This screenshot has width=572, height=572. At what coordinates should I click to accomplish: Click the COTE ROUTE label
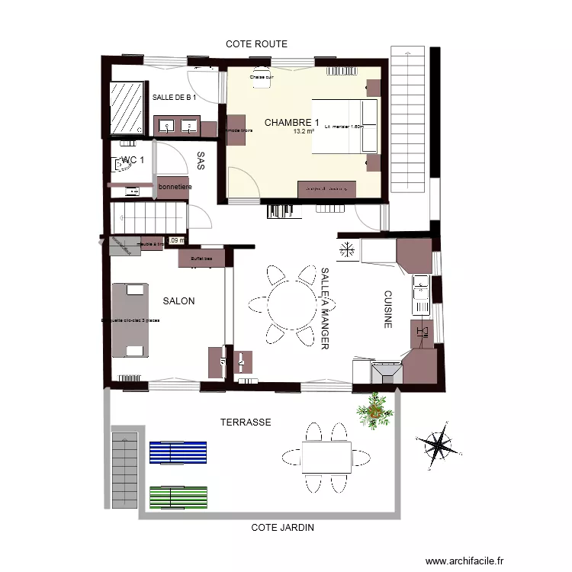coord(256,44)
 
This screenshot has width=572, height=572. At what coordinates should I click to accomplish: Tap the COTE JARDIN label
coord(283,527)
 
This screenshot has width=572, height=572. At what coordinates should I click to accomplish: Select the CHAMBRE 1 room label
coord(291,122)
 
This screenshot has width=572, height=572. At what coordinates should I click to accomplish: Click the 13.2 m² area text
coord(304,131)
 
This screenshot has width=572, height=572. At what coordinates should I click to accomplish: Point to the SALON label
coord(178,301)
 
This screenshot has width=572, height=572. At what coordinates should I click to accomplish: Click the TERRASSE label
coord(246,422)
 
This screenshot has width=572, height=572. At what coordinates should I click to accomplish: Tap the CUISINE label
coord(387,309)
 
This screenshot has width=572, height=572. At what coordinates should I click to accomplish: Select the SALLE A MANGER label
coord(324,308)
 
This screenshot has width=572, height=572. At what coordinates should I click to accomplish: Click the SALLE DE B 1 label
coord(175,98)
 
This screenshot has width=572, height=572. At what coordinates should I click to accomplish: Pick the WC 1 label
coord(132,160)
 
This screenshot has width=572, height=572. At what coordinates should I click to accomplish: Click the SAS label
coord(201,160)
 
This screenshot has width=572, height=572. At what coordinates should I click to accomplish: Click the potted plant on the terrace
coord(375,412)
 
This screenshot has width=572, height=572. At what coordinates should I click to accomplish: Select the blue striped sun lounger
coord(178,453)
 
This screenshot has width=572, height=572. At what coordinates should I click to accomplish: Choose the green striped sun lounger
coord(178,497)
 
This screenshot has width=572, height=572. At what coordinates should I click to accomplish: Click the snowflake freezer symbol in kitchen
coord(347,249)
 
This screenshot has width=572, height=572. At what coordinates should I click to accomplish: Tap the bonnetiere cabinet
coord(174,188)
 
